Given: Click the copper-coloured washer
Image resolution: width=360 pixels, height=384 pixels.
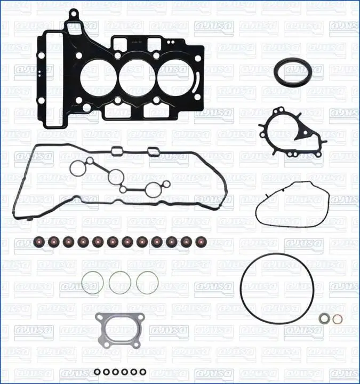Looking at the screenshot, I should coord(338,319).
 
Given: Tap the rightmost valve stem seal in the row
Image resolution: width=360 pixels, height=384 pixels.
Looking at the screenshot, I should coord(201,242).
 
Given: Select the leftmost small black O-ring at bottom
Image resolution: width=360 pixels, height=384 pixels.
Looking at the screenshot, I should coord(97,372).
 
